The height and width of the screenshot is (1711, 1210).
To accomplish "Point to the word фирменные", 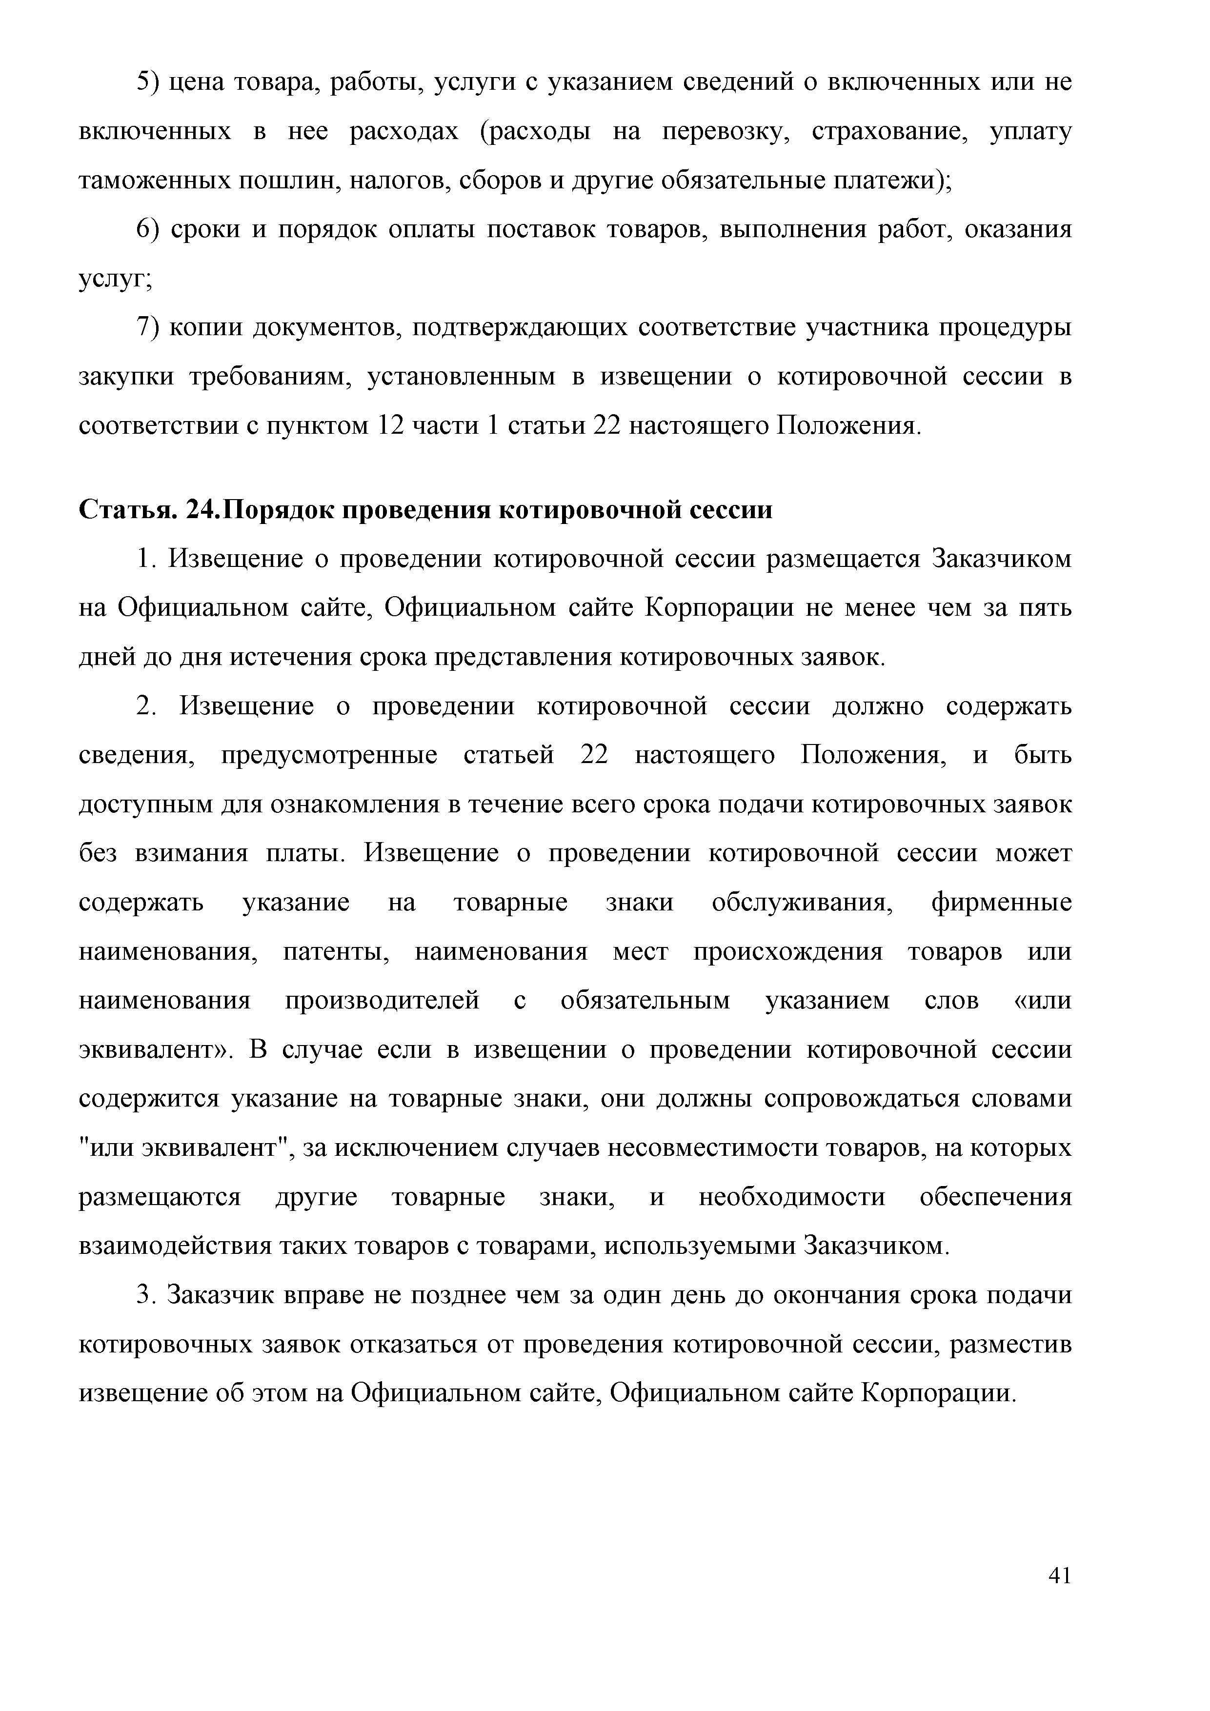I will tap(1001, 903).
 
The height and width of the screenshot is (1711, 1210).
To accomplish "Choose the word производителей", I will tap(382, 1000).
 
